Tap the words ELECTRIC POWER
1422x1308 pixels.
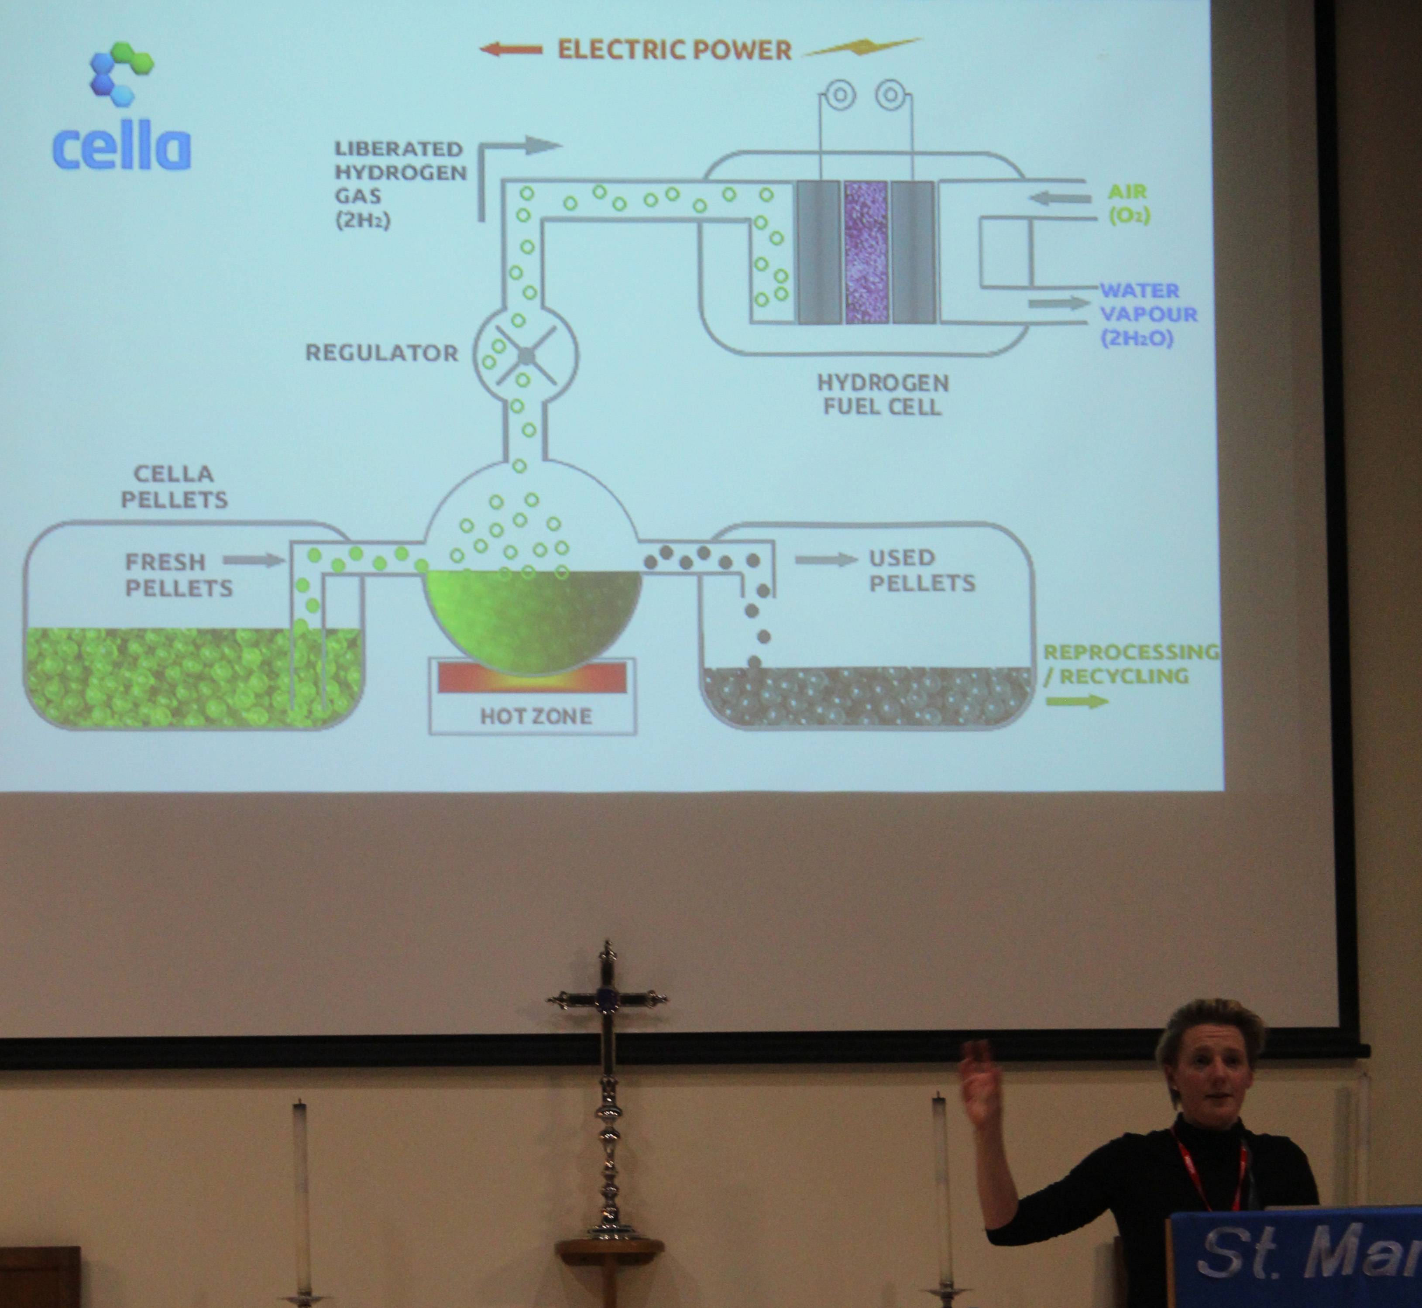(674, 50)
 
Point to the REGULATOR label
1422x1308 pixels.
(381, 353)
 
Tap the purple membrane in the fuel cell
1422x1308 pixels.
(866, 252)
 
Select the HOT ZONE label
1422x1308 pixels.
(536, 716)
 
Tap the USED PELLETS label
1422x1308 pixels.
(921, 570)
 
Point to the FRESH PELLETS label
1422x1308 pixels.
(179, 575)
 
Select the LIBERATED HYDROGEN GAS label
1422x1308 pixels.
(400, 185)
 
